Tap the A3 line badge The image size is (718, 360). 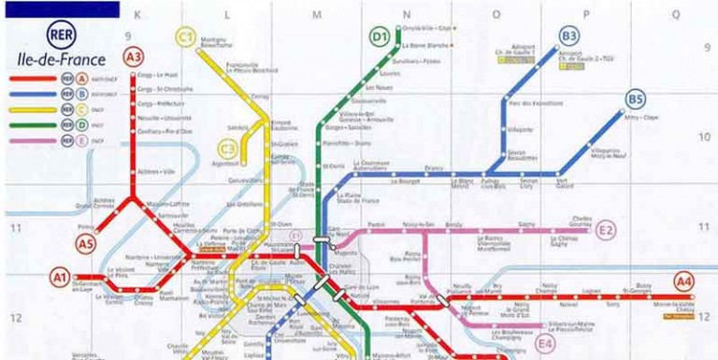coord(134,56)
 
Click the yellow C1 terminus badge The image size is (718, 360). coord(186,36)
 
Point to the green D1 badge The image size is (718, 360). coord(380,37)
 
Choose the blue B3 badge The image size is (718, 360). coord(569,36)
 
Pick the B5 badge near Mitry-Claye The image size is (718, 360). coord(636,99)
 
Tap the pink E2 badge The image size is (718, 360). coord(607,230)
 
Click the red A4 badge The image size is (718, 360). coord(684,280)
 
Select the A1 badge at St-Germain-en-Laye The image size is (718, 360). coord(60,277)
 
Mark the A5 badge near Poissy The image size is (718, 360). coord(86,245)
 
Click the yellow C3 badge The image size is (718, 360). coord(227,148)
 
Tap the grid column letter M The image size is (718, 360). coord(317,15)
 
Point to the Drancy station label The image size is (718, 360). coord(434,168)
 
